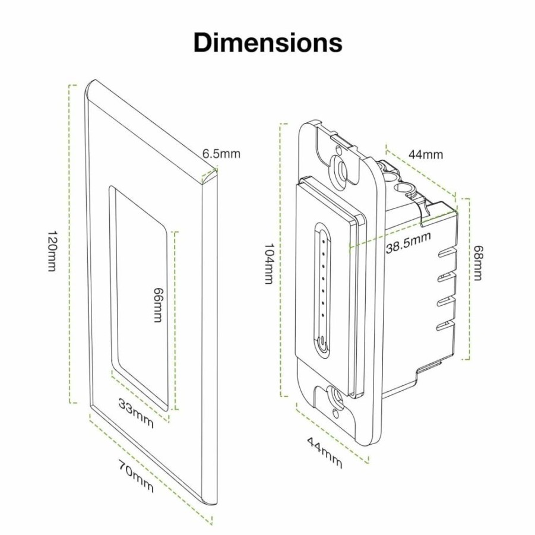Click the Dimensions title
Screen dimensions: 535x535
click(x=268, y=43)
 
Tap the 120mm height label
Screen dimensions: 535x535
click(x=51, y=251)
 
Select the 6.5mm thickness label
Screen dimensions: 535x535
click(x=221, y=154)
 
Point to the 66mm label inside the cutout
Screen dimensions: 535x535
click(x=157, y=305)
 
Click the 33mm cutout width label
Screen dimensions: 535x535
click(x=136, y=413)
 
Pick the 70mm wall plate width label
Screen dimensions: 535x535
click(x=136, y=476)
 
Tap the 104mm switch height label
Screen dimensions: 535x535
click(x=270, y=264)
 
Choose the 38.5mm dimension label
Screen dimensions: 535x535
click(x=409, y=242)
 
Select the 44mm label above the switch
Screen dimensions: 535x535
click(x=426, y=154)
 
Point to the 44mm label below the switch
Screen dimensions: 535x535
click(x=324, y=452)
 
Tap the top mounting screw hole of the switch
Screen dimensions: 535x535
click(x=340, y=167)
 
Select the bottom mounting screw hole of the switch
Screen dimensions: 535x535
click(x=337, y=398)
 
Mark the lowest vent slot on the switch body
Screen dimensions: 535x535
click(x=447, y=326)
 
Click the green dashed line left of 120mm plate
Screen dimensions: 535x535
click(x=72, y=243)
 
